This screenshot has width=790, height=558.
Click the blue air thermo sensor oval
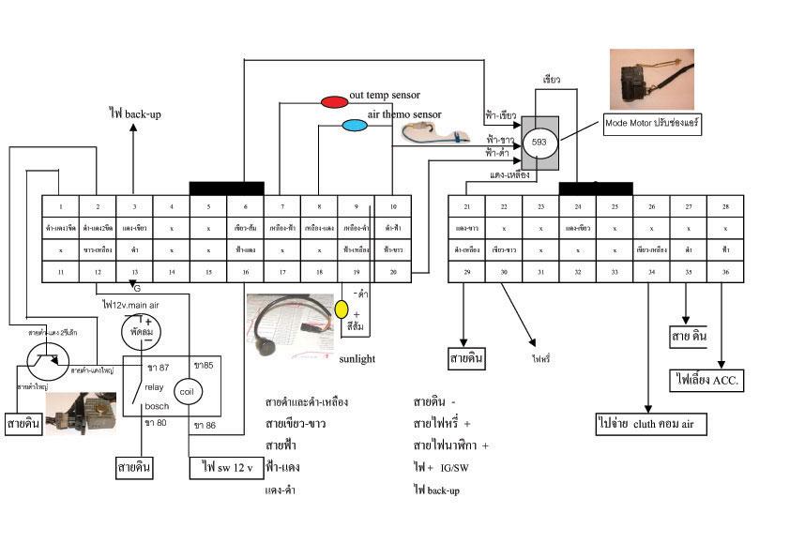(355, 125)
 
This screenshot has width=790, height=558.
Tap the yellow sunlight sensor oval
(342, 309)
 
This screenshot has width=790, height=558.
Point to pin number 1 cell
(60, 206)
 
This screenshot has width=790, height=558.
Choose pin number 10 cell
(393, 206)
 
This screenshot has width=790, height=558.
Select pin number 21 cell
(466, 206)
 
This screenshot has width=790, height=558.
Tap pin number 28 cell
(725, 206)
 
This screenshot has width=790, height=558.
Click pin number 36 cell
(725, 272)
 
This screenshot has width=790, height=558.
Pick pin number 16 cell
(245, 272)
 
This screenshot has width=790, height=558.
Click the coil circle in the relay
(186, 390)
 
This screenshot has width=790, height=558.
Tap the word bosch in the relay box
(157, 406)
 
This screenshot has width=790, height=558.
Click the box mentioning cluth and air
(650, 424)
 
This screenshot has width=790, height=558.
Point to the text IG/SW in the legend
(455, 467)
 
